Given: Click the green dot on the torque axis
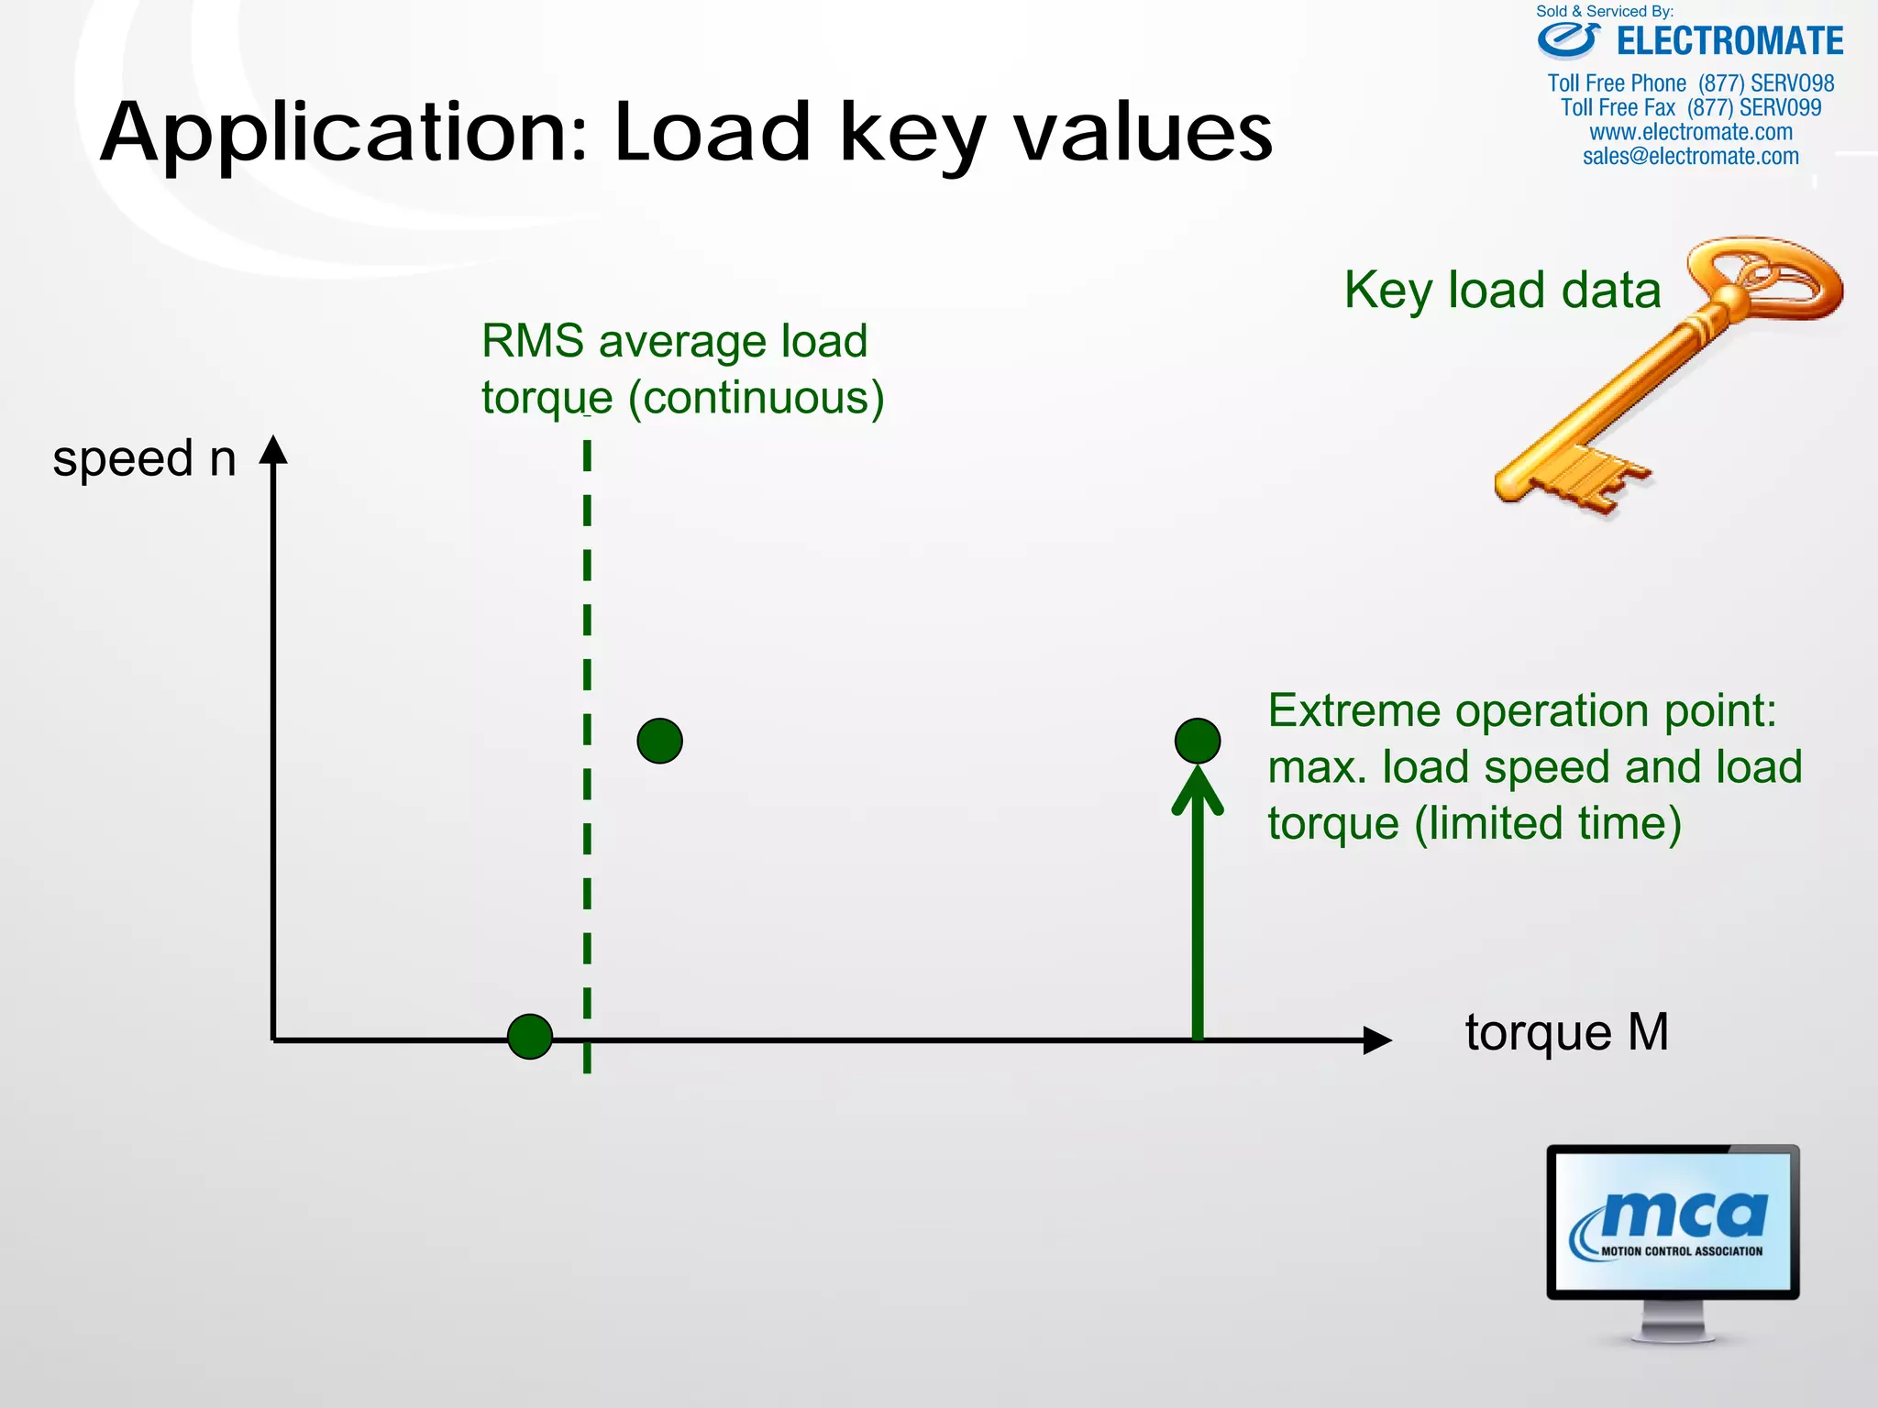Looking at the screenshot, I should (x=530, y=1037).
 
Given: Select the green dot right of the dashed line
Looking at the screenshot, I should (x=659, y=741).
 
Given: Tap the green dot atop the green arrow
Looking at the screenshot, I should (x=1198, y=741).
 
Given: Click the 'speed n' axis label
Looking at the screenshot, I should (x=144, y=458).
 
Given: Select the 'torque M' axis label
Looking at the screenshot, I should (x=1566, y=1032).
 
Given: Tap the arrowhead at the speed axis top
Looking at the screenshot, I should (x=273, y=450).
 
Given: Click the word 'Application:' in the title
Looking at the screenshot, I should (x=343, y=134).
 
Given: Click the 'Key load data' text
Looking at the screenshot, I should (x=1502, y=290).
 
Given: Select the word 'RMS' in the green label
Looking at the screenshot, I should (x=532, y=341).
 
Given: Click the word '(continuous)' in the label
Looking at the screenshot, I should (x=756, y=398).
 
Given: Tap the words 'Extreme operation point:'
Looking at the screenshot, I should (x=1522, y=710).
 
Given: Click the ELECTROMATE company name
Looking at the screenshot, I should (x=1729, y=41).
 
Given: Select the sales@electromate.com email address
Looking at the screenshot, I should (x=1690, y=157).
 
